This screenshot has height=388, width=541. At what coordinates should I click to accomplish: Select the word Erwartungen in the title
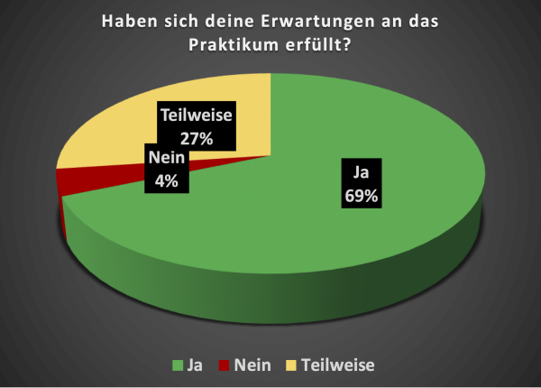[305, 21]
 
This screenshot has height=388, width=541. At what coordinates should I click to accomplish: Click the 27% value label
[196, 139]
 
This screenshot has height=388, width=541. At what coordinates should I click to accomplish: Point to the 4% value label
[165, 180]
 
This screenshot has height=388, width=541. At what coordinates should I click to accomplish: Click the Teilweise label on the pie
[196, 115]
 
